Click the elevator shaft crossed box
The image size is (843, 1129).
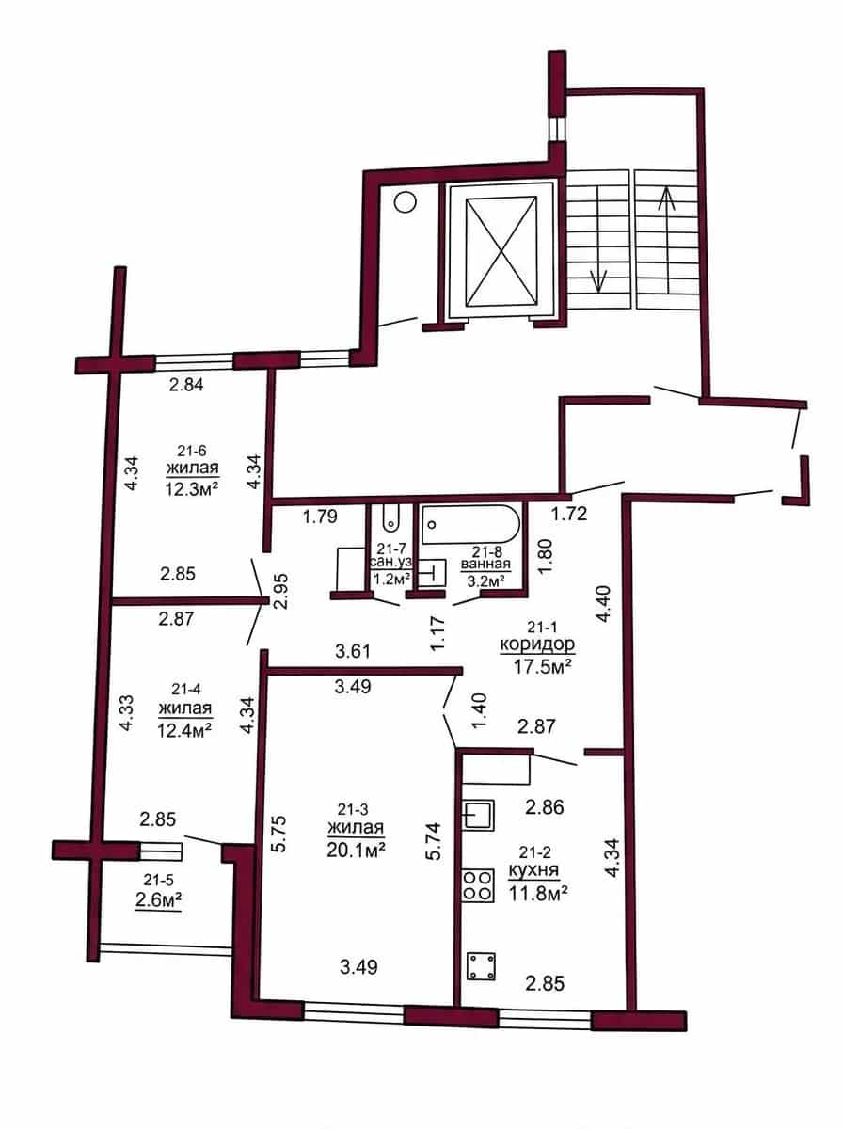pos(501,251)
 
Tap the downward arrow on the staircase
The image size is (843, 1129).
pos(598,239)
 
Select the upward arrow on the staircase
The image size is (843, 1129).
pos(667,239)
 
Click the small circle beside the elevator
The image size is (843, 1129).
pos(405,201)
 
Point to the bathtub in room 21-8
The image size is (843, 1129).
pos(470,525)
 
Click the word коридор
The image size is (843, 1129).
pos(537,644)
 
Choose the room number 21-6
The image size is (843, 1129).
pos(192,451)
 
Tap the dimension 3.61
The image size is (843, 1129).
pos(353,652)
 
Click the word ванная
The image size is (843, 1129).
pos(485,564)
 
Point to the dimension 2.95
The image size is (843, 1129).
pos(282,591)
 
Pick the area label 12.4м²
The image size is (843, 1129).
pos(185,729)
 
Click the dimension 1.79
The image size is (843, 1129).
pos(320,516)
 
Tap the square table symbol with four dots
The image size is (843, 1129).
pos(481,966)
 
